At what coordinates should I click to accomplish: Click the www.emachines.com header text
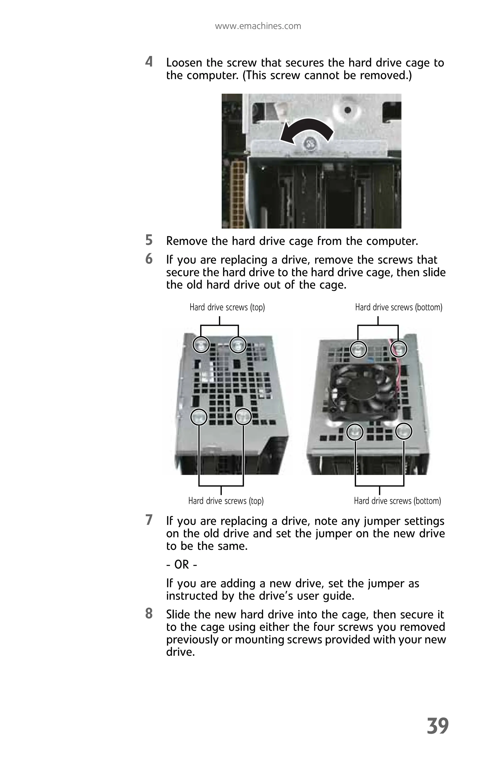258,26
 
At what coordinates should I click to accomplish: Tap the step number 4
149,62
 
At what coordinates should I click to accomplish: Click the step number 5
149,240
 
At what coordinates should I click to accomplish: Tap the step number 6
149,259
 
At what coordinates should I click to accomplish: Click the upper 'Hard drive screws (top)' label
227,307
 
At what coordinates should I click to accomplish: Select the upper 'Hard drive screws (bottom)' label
398,307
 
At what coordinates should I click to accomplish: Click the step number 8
149,613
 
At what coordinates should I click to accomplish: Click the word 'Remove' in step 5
186,241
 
